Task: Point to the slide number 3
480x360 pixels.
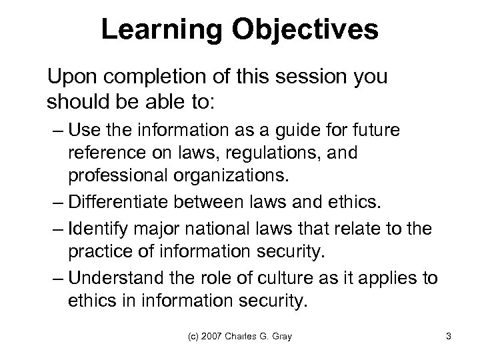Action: coord(449,337)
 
